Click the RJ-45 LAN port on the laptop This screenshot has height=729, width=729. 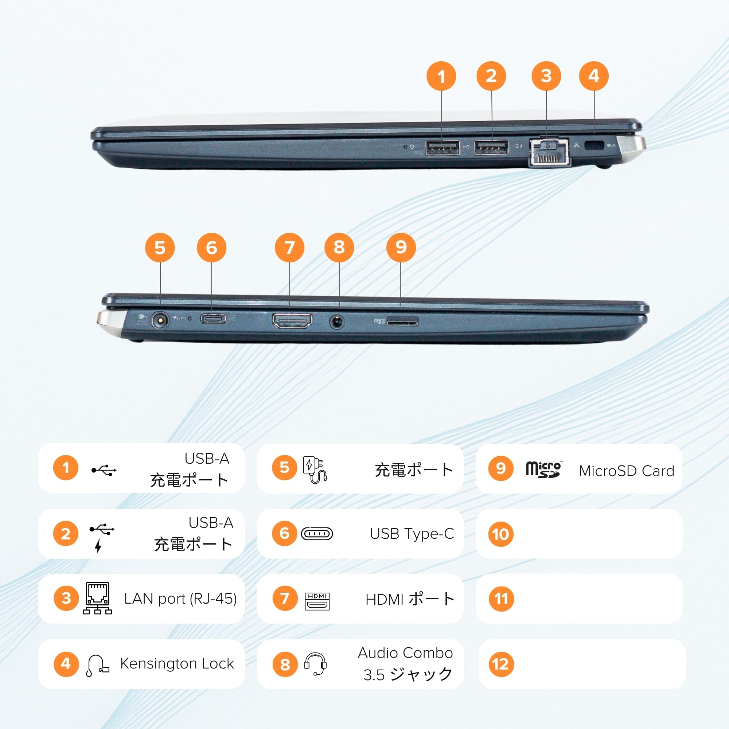tap(549, 152)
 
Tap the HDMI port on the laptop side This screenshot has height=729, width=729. tap(292, 321)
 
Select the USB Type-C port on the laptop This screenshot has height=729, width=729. tap(213, 319)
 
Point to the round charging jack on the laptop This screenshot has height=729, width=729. tap(159, 321)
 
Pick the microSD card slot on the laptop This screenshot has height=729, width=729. tap(402, 322)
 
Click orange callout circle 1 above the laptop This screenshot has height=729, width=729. tap(441, 76)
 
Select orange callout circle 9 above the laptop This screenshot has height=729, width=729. tap(401, 247)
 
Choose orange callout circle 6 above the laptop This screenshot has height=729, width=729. tap(211, 248)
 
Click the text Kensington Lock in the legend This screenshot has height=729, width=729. tap(177, 663)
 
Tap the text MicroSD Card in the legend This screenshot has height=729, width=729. tap(626, 471)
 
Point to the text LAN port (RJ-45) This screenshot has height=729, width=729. tap(180, 599)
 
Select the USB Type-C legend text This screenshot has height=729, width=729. tap(412, 534)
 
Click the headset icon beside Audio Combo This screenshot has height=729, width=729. tap(315, 664)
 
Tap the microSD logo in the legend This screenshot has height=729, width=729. tap(543, 469)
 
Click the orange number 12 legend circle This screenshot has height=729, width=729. tap(501, 664)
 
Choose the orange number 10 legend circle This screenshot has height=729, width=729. tap(501, 534)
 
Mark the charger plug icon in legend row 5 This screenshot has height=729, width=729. tap(315, 470)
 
